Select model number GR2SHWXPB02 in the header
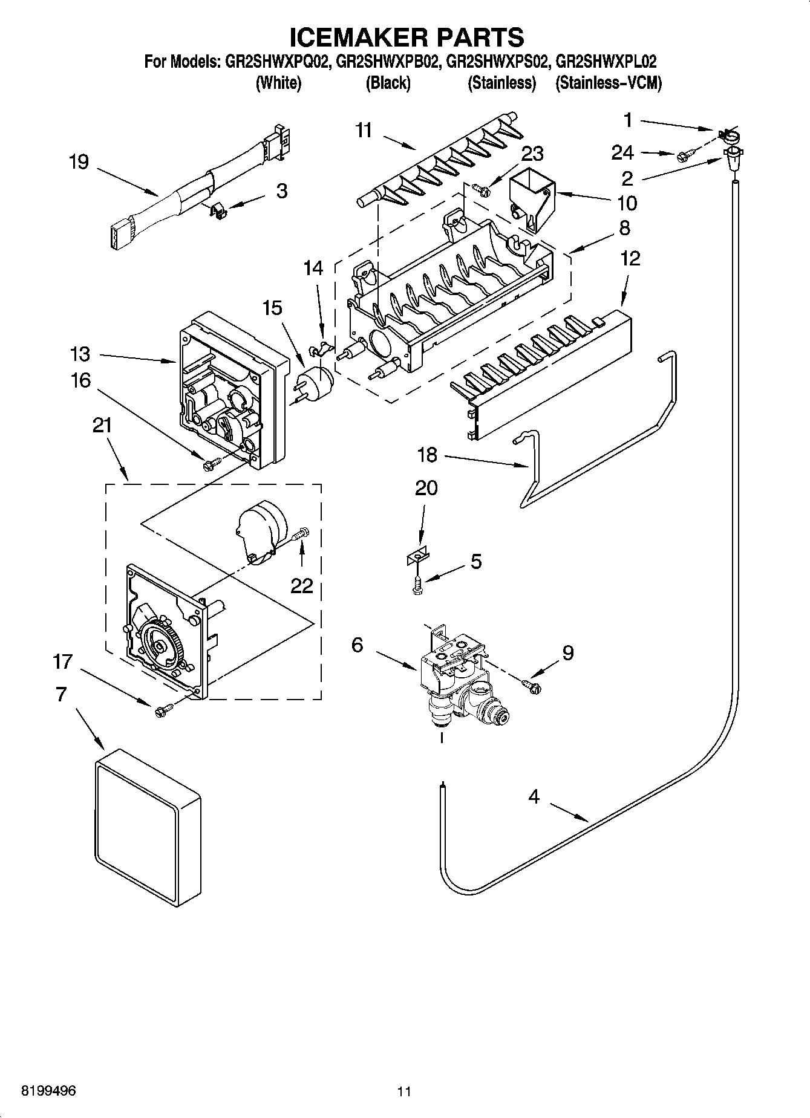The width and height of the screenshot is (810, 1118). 389,61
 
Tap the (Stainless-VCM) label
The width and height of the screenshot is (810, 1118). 609,83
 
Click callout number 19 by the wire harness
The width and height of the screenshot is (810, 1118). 79,162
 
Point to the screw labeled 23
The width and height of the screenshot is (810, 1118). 483,189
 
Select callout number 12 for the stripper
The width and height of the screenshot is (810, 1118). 630,258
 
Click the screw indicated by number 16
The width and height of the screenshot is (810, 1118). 211,464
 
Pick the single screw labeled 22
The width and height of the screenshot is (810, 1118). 301,534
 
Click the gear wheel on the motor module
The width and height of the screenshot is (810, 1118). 159,646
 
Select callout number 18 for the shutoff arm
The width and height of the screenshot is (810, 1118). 427,455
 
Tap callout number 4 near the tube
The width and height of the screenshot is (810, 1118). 533,797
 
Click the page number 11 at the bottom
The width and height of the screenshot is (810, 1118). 404,1091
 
